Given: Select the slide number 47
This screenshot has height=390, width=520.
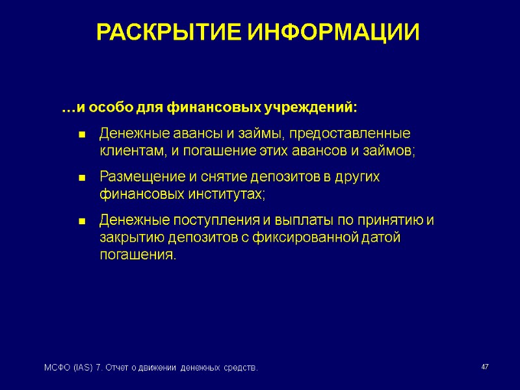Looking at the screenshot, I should (484, 368).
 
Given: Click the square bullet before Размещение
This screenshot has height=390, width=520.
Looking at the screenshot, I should (83, 178).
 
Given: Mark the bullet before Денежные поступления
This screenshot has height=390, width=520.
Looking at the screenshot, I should (83, 222).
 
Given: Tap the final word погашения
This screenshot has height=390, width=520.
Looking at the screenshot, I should (137, 255).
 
